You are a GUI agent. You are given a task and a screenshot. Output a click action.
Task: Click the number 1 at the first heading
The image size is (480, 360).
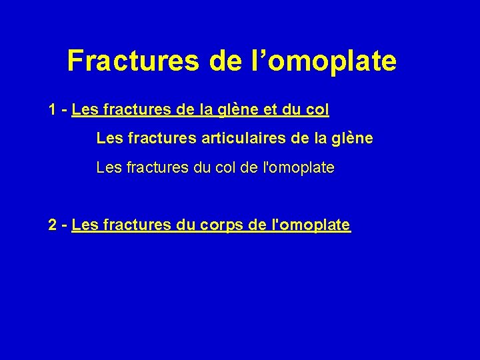[52, 109]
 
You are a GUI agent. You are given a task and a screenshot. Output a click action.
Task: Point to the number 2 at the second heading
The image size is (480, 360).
[52, 225]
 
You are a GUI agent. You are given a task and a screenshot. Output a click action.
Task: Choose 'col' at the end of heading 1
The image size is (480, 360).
[318, 109]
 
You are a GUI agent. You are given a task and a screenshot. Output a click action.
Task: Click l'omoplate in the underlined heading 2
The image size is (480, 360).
[312, 225]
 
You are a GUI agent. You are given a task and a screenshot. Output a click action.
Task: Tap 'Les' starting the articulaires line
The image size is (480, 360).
[108, 139]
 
